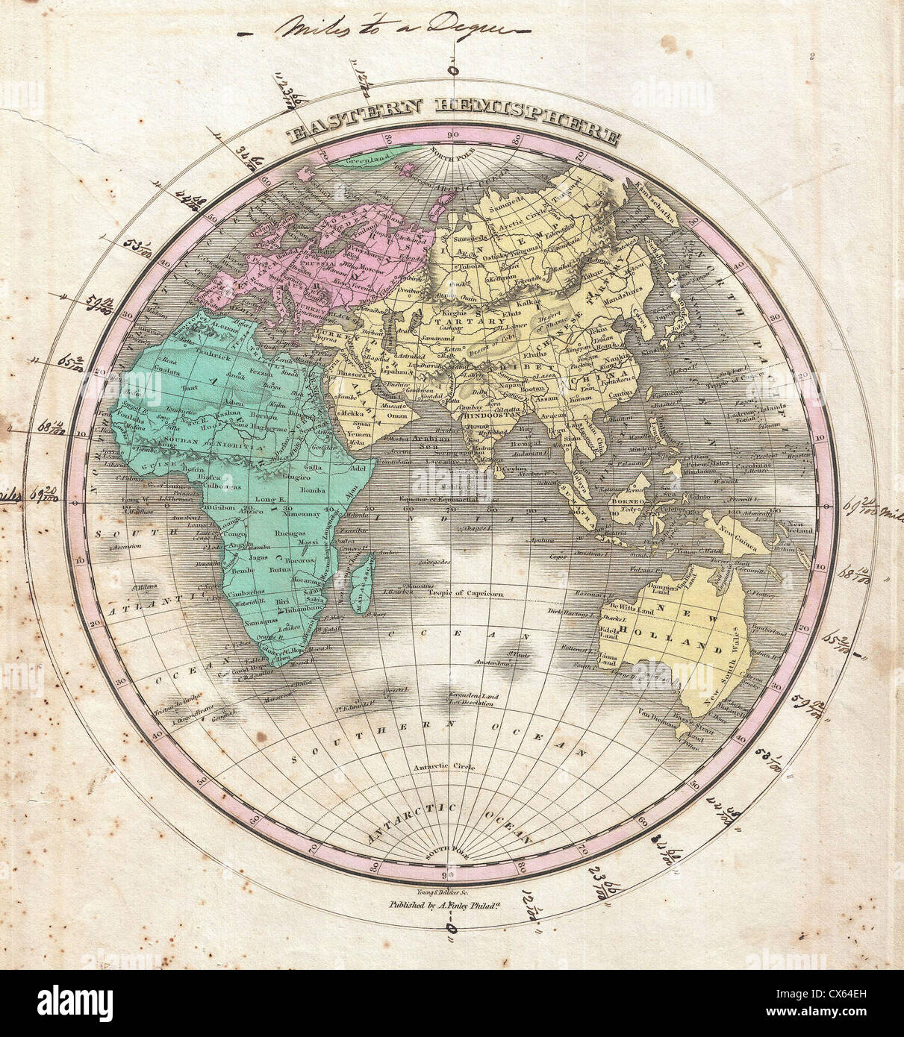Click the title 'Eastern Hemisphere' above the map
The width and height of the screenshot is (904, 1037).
click(x=452, y=132)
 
